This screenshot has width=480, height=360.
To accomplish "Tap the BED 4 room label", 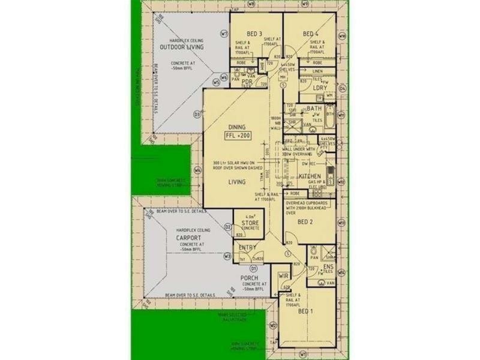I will (310, 34).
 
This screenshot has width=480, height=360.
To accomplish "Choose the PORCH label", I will (250, 278).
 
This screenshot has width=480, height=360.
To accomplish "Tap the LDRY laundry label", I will (319, 88).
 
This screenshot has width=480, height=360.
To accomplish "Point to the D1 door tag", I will (254, 268).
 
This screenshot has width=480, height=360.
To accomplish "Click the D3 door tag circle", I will (196, 114).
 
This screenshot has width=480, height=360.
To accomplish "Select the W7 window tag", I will (223, 34).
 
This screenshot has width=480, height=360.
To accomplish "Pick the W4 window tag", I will (197, 170).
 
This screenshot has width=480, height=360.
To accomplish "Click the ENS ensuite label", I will (328, 266).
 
